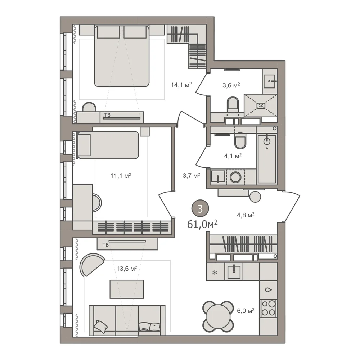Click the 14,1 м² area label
tap(181, 85)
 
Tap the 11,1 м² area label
tap(121, 176)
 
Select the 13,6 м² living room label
tap(127, 268)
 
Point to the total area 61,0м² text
tap(202, 224)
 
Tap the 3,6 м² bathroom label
tap(231, 85)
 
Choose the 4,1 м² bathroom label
tap(233, 156)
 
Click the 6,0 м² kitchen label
tap(246, 311)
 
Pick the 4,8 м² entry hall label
tap(246, 215)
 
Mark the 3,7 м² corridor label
tap(191, 176)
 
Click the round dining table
tap(218, 317)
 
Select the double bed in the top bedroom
tap(122, 56)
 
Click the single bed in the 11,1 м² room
tap(108, 145)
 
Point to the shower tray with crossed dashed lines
tap(261, 105)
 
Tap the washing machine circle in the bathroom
tap(235, 177)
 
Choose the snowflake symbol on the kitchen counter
tap(215, 273)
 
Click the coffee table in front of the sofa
tap(127, 289)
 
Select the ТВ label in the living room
tap(105, 245)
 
